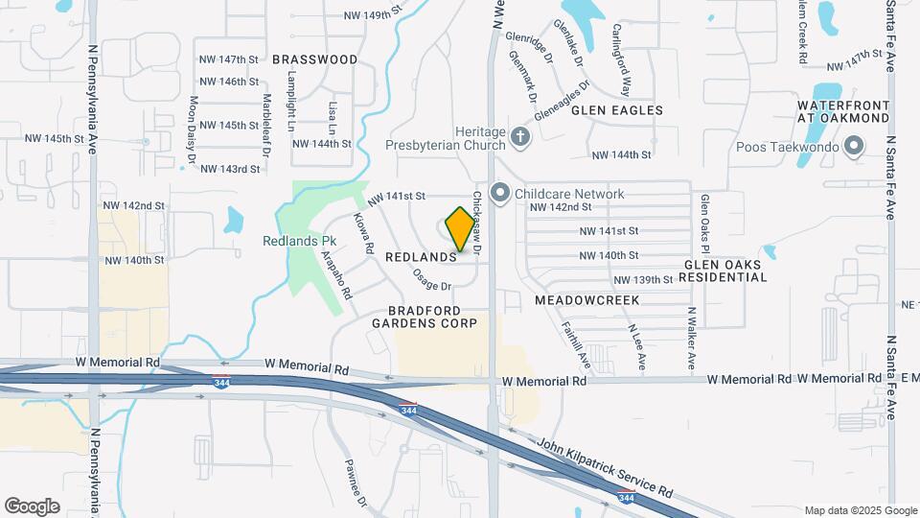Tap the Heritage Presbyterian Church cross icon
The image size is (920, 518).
[520, 136]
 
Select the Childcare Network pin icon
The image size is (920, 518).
[499, 194]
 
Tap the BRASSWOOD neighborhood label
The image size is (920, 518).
[315, 59]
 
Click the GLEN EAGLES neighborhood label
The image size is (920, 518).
[617, 110]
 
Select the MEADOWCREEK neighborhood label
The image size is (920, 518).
[587, 300]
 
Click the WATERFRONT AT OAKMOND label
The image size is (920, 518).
[844, 111]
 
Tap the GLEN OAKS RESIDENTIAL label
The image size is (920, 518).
[725, 271]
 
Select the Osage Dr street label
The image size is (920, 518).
[432, 279]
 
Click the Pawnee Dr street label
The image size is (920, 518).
[355, 483]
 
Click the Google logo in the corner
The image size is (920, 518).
[32, 506]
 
